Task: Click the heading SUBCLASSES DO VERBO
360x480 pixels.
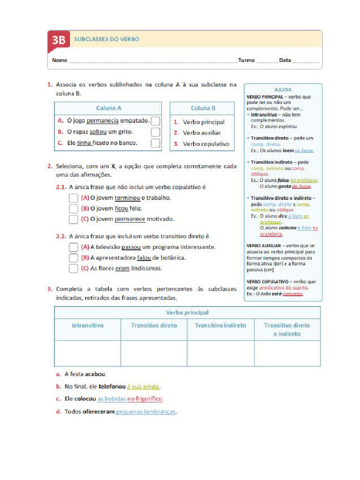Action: coord(106,39)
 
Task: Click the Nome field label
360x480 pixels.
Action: coord(59,60)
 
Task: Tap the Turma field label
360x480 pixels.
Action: coord(246,60)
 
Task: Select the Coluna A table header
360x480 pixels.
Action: coord(109,108)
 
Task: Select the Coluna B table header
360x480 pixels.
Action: coord(203,108)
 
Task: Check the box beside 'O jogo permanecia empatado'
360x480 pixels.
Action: coord(156,121)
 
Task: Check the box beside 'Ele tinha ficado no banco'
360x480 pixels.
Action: coord(156,143)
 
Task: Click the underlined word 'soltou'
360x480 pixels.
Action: coord(98,132)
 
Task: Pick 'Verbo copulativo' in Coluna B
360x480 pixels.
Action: coord(206,144)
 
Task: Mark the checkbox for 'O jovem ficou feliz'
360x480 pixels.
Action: coord(74,209)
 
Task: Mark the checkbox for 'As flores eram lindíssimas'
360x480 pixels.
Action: coord(74,269)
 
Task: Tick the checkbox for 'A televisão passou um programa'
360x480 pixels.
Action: coord(74,247)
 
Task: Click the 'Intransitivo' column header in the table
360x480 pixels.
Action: coord(88,325)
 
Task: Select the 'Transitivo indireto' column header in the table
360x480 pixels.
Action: coord(220,325)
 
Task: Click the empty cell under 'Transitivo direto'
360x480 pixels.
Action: coord(154,353)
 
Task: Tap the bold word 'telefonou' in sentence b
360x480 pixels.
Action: coord(112,387)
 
